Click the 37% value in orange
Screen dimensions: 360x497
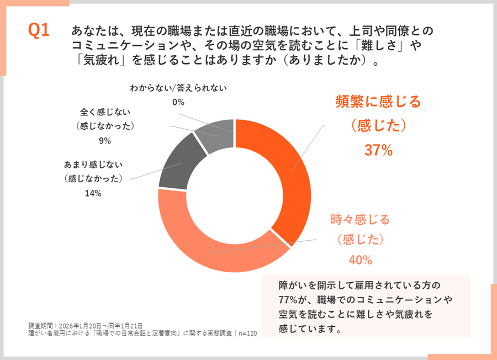coord(378,150)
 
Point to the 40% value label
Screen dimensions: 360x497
coord(360,260)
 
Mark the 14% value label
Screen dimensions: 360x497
coord(93,193)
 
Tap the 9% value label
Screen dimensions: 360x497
coord(105,140)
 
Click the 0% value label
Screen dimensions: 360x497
coord(178,102)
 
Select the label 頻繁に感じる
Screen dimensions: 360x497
coord(378,102)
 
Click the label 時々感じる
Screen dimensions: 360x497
coord(360,219)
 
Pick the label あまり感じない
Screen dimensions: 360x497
coord(93,164)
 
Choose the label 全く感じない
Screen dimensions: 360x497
coord(105,112)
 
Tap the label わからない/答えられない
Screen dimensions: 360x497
coord(178,88)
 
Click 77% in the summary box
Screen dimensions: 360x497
coord(289,300)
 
